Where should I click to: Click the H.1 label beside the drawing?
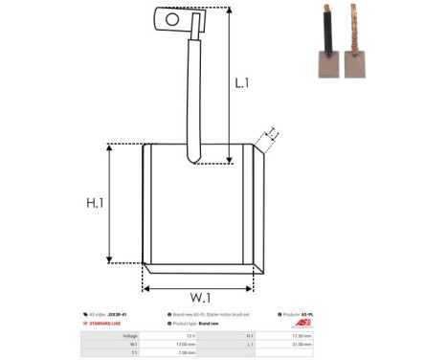(x=95, y=203)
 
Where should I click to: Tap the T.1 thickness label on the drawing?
(x=272, y=133)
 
